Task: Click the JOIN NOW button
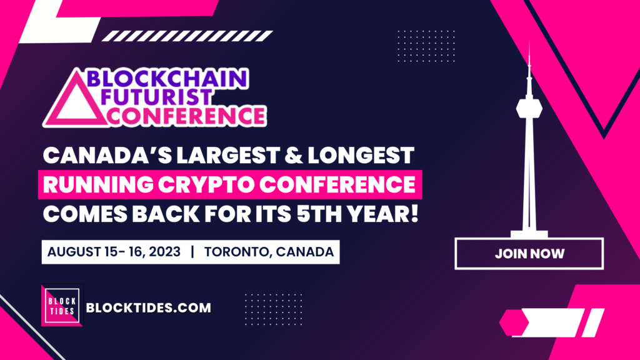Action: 529,254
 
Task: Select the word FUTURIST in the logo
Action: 156,97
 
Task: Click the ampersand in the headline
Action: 294,156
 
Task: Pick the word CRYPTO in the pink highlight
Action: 206,184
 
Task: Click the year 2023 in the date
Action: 164,252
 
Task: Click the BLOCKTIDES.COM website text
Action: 149,307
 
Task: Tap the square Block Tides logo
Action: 62,306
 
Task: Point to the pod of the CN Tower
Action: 529,109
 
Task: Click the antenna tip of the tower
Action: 529,41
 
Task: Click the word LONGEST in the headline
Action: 361,156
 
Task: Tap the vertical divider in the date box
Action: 192,252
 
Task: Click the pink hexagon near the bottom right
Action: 514,322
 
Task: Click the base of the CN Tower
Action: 529,234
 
